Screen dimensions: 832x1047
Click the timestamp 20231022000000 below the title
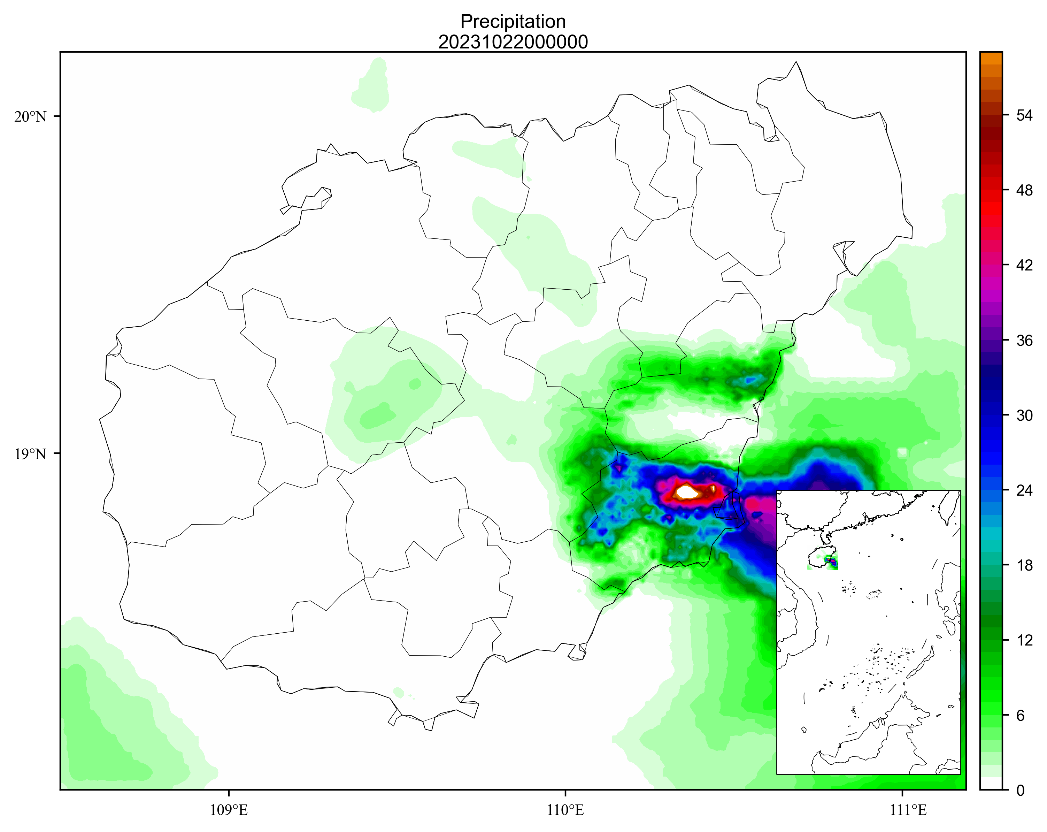[513, 42]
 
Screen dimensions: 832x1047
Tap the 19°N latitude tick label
[30, 454]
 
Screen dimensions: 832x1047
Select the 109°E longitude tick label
[229, 810]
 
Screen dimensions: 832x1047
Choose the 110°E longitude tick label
[565, 810]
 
